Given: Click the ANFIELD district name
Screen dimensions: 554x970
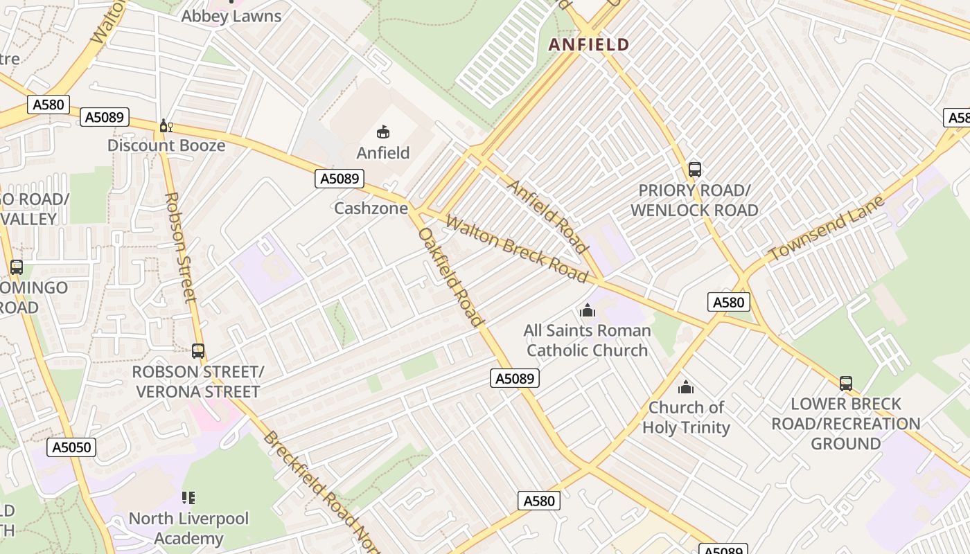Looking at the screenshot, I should click(x=589, y=45).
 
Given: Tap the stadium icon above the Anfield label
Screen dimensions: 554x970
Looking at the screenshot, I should click(x=383, y=132).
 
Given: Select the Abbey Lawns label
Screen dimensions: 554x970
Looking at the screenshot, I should click(x=231, y=16).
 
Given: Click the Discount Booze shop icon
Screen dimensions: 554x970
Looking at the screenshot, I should click(x=166, y=126).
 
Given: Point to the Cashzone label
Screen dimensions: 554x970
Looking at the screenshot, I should click(x=371, y=208).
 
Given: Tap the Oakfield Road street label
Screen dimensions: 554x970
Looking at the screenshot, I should click(x=450, y=276).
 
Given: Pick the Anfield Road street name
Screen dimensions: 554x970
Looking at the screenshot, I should click(x=547, y=216).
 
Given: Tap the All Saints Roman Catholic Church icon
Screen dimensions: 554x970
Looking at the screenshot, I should click(x=588, y=310).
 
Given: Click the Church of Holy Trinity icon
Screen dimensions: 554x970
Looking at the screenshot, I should click(x=686, y=387).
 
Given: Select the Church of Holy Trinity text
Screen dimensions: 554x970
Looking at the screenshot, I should click(x=686, y=418).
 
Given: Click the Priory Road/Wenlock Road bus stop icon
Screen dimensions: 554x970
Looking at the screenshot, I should click(x=694, y=170).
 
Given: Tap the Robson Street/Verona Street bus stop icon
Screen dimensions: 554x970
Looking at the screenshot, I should click(x=198, y=351).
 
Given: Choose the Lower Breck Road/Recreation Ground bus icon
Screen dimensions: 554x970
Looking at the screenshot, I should click(x=845, y=384).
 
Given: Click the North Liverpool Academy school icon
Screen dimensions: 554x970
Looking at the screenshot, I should click(x=188, y=498).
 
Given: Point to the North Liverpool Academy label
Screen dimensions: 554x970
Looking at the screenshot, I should click(x=188, y=528).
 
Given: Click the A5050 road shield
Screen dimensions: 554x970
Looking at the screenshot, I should click(x=72, y=447).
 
